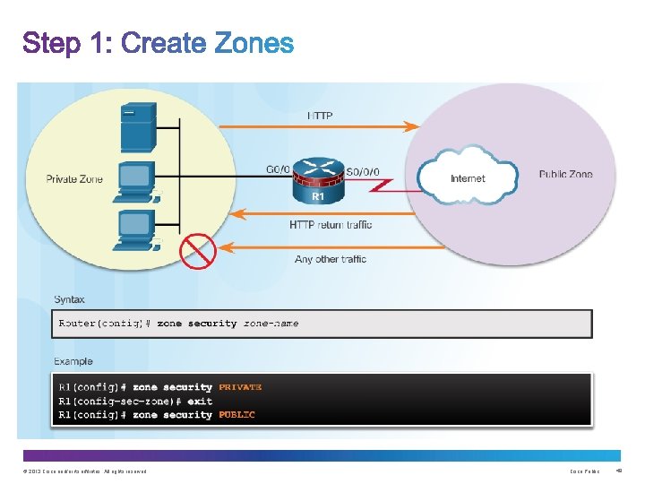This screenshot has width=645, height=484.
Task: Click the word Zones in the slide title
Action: (254, 43)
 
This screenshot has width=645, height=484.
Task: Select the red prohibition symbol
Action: (198, 250)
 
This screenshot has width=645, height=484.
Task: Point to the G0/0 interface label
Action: (279, 170)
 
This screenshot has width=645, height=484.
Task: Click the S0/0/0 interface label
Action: (362, 170)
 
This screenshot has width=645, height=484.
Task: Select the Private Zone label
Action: (74, 179)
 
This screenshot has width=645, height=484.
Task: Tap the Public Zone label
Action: (565, 175)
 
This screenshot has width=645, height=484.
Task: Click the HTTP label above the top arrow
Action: (321, 116)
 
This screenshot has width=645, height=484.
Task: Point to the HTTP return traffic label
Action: (331, 225)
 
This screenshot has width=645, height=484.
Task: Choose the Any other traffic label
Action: (331, 259)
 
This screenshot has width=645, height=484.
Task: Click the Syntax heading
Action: (70, 299)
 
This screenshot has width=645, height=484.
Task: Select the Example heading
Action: (73, 361)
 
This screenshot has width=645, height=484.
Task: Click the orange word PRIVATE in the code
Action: (240, 387)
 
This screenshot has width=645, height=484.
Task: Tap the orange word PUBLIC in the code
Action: (236, 415)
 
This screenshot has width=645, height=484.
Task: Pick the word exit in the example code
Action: (200, 401)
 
